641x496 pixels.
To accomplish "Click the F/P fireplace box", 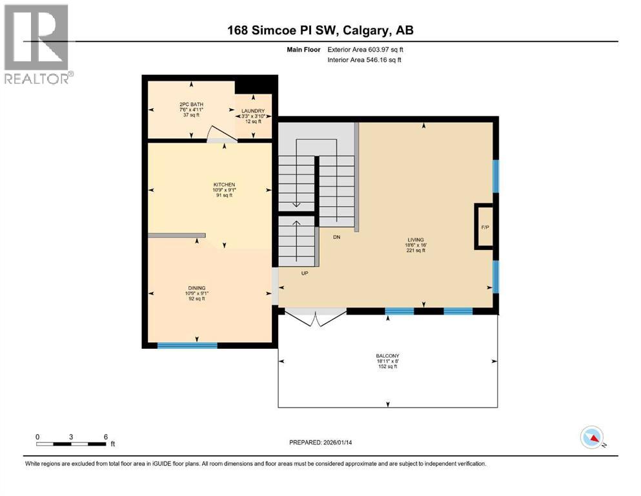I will click(485, 227).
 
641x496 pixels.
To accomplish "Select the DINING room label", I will click(194, 288).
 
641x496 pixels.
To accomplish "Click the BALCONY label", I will click(387, 356).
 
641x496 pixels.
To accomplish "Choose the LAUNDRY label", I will click(254, 111).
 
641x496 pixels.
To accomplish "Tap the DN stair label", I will click(336, 237).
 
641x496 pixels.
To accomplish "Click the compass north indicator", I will click(592, 438).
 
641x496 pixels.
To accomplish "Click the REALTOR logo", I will click(37, 44).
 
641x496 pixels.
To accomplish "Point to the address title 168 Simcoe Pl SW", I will click(321, 30).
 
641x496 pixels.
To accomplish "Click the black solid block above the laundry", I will click(256, 85).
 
